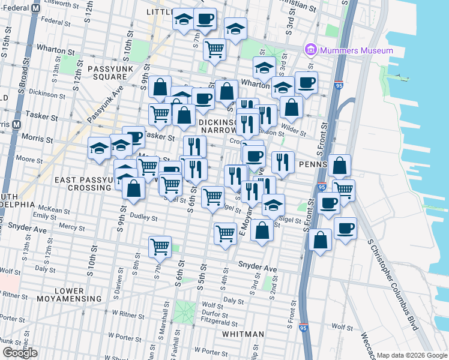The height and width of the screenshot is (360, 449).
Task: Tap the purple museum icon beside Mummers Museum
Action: click(x=311, y=49)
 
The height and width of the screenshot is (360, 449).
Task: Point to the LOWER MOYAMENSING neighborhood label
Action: click(x=77, y=294)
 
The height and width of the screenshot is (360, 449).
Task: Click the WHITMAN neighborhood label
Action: click(x=243, y=334)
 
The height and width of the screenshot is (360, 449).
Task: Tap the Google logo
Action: click(x=20, y=353)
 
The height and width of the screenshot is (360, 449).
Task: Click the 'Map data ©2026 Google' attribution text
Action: click(x=412, y=355)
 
